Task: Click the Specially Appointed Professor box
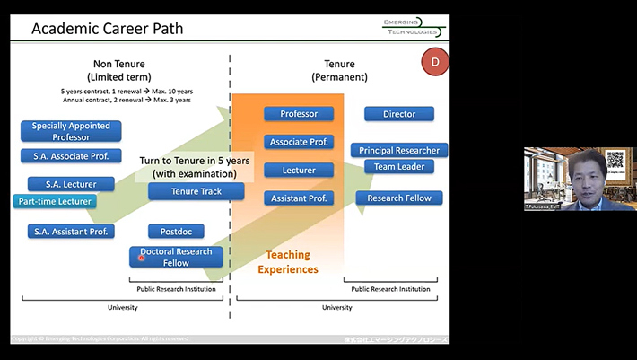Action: tap(71, 131)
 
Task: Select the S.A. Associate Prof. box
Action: tap(71, 155)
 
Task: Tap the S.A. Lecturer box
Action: tap(71, 184)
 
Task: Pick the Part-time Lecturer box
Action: tap(56, 201)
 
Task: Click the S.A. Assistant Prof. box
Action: tap(71, 232)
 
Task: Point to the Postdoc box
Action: tap(176, 232)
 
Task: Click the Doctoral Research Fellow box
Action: tap(176, 257)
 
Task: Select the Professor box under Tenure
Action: tap(299, 114)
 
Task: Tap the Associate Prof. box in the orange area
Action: tap(299, 142)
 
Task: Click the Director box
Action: tap(399, 114)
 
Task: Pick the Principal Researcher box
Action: tap(399, 150)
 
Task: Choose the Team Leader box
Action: tap(399, 166)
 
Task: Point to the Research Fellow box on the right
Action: tap(399, 198)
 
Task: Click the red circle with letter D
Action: tap(435, 62)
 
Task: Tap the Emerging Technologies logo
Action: tap(409, 28)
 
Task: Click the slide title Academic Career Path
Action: tap(107, 29)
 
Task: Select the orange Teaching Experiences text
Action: tap(288, 261)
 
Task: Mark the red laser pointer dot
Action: tap(142, 258)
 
